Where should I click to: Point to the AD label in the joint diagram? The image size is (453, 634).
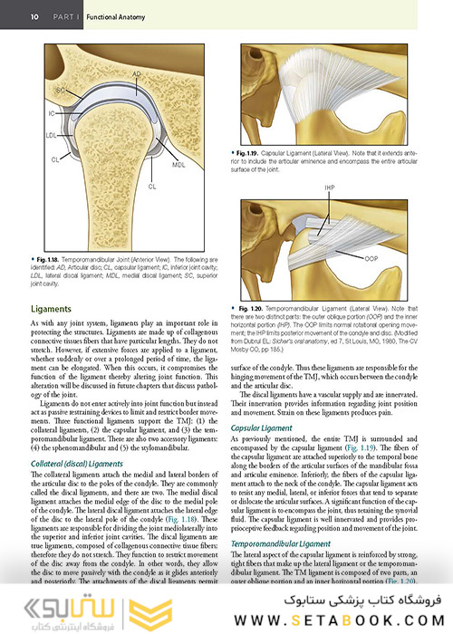click(136, 72)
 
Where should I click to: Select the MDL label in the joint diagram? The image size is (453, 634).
click(178, 166)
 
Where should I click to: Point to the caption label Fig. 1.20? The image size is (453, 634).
click(257, 308)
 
